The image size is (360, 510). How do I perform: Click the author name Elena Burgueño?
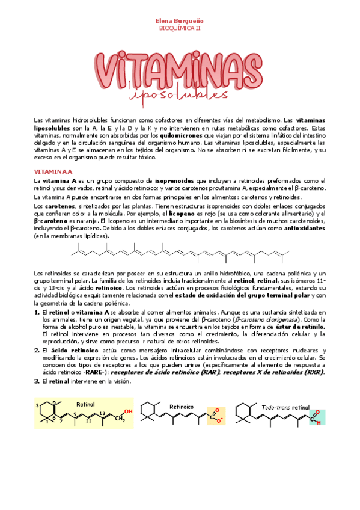tap(180, 20)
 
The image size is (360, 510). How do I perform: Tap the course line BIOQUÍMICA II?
tap(180, 28)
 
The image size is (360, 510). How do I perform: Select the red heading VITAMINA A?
tap(52, 171)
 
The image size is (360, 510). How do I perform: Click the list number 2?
tap(37, 350)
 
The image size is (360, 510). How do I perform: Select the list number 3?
tap(37, 381)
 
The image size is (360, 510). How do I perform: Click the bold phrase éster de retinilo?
tap(299, 327)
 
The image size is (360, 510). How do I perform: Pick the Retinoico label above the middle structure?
tap(181, 407)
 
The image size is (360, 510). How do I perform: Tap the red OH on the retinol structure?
tap(127, 411)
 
